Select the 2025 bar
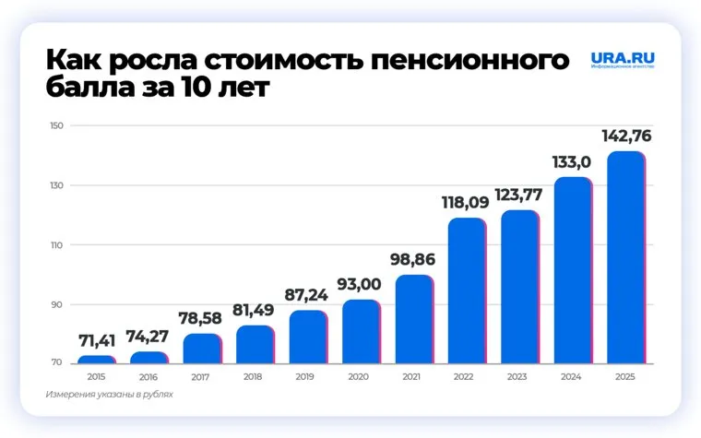625,257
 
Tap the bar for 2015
96,359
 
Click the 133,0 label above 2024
572,163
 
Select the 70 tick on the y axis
56,363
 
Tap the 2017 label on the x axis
201,377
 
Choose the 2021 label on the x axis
413,377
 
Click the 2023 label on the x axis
519,377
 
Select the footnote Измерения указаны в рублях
109,395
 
